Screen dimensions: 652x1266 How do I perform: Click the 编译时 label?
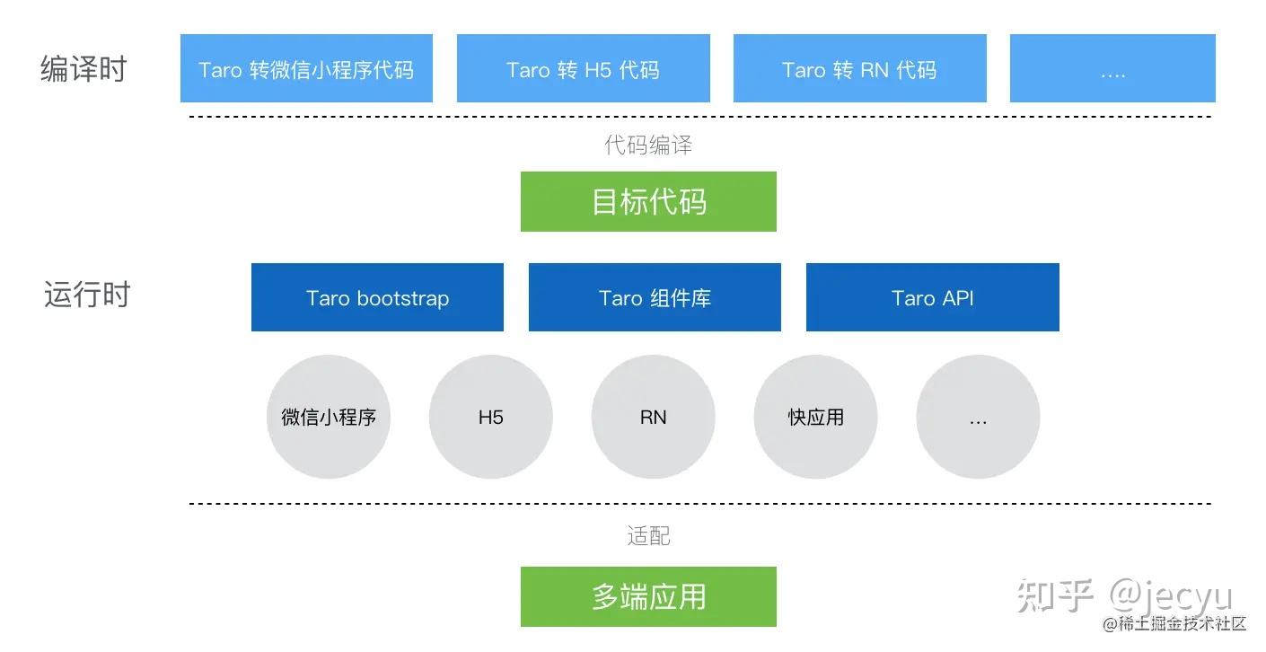pyautogui.click(x=84, y=69)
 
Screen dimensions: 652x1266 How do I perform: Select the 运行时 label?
pyautogui.click(x=87, y=295)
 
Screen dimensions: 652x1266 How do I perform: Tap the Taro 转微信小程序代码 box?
pyautogui.click(x=306, y=69)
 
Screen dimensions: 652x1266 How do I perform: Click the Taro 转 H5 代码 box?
pyautogui.click(x=583, y=69)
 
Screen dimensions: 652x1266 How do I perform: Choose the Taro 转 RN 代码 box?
pyautogui.click(x=859, y=69)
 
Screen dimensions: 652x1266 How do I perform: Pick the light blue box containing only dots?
pyautogui.click(x=1112, y=69)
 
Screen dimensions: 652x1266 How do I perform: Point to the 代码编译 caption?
pyautogui.click(x=648, y=145)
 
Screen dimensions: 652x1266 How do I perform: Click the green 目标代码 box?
pyautogui.click(x=648, y=202)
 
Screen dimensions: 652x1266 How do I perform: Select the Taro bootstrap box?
pyautogui.click(x=377, y=298)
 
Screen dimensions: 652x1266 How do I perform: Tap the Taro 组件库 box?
pyautogui.click(x=655, y=298)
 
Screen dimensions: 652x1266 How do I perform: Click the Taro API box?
pyautogui.click(x=932, y=298)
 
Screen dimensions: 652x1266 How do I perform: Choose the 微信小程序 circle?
pyautogui.click(x=329, y=418)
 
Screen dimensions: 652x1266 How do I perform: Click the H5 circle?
pyautogui.click(x=491, y=418)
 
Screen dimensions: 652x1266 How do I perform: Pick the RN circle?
pyautogui.click(x=654, y=418)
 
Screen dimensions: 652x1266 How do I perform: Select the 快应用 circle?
pyautogui.click(x=816, y=418)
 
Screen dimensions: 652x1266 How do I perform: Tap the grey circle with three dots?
pyautogui.click(x=978, y=418)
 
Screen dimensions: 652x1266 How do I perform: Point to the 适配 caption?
pyautogui.click(x=648, y=536)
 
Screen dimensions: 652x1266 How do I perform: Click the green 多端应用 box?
pyautogui.click(x=648, y=597)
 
